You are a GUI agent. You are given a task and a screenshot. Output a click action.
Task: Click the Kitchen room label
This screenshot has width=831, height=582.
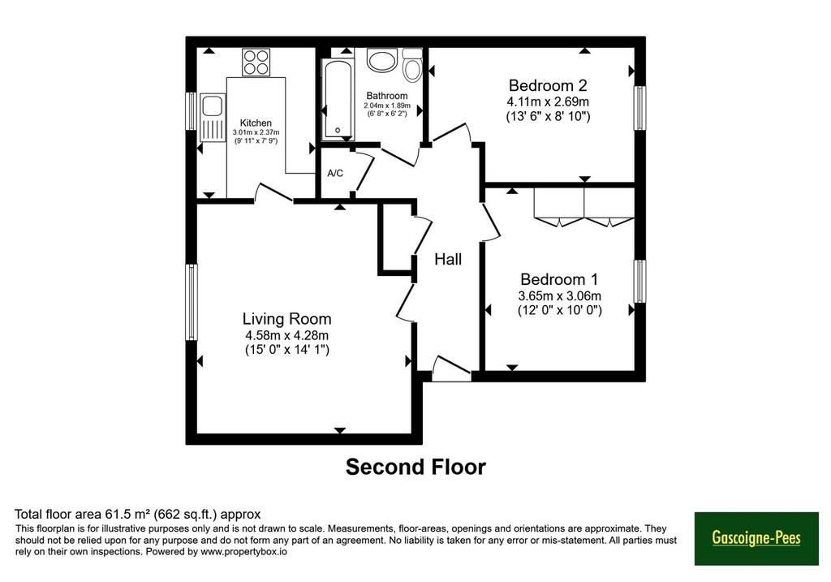pyautogui.click(x=256, y=123)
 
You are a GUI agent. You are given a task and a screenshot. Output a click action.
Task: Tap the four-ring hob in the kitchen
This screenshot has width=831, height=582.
pyautogui.click(x=256, y=62)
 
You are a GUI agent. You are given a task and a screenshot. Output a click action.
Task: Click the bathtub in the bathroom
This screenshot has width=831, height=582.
pyautogui.click(x=338, y=100)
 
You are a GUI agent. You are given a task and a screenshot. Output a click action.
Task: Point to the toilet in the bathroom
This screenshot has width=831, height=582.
pyautogui.click(x=411, y=65)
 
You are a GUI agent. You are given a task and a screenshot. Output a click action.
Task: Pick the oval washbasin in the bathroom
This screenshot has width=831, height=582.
pyautogui.click(x=381, y=61)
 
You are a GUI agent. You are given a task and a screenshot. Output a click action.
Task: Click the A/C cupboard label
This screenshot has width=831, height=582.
pyautogui.click(x=335, y=174)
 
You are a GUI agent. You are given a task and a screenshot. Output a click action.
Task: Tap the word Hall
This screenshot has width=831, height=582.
pyautogui.click(x=448, y=259)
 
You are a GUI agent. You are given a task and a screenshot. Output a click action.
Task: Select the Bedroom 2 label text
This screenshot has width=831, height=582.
pyautogui.click(x=548, y=85)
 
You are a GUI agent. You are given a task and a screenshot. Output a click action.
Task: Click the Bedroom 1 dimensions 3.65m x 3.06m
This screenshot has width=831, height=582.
pyautogui.click(x=559, y=295)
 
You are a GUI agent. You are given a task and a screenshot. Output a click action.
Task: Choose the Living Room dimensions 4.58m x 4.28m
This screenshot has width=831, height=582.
pyautogui.click(x=286, y=335)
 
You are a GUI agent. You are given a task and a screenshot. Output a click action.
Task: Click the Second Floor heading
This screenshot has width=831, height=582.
pyautogui.click(x=415, y=467)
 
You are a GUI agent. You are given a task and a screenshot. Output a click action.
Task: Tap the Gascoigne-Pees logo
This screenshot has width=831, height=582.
pyautogui.click(x=756, y=538)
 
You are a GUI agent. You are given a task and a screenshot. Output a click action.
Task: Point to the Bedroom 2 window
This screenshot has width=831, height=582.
pyautogui.click(x=640, y=108)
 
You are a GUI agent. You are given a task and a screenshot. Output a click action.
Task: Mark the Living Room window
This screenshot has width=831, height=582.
pyautogui.click(x=192, y=302)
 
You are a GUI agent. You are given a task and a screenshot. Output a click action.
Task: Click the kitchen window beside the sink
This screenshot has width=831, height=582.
pyautogui.click(x=192, y=110)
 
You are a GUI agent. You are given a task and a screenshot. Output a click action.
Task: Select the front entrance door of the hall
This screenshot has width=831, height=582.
pyautogui.click(x=451, y=369)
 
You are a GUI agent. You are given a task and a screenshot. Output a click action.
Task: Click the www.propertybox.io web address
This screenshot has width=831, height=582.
pyautogui.click(x=243, y=552)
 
